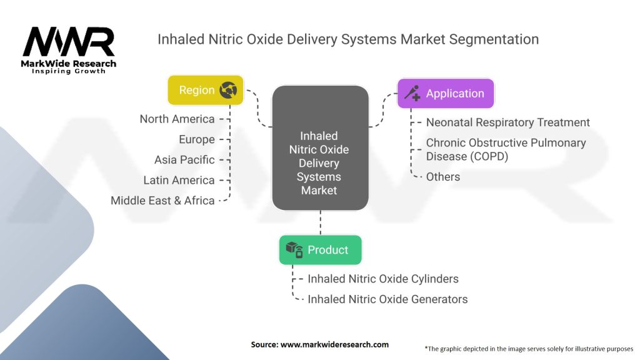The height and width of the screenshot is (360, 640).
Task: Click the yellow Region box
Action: point(206,90)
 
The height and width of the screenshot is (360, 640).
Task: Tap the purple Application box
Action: point(446,94)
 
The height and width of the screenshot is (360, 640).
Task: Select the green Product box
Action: point(321,250)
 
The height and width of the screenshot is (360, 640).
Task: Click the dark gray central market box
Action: point(321,147)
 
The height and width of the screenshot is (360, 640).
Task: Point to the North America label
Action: point(177,119)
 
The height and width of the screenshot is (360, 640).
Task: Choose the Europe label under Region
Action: point(197,139)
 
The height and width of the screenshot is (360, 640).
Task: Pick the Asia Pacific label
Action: point(184,160)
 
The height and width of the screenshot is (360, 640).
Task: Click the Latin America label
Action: point(179,181)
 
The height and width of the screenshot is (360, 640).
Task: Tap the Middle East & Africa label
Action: point(162,201)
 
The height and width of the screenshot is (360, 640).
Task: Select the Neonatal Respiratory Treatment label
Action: point(507,122)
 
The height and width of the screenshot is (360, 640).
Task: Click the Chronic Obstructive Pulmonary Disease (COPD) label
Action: point(506,149)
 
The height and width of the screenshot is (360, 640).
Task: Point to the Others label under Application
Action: point(443,177)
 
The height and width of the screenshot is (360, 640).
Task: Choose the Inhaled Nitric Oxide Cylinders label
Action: point(383,279)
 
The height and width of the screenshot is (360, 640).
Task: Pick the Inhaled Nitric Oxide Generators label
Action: point(387,299)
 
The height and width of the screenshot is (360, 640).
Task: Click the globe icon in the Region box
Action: point(228,90)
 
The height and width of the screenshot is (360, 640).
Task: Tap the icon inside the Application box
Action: point(412,93)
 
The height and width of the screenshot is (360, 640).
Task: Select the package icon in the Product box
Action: point(294,249)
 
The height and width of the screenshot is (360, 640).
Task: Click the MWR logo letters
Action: point(69,42)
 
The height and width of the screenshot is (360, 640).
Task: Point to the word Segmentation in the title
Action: point(494,39)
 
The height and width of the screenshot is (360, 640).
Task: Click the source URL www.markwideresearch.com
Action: point(334,344)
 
